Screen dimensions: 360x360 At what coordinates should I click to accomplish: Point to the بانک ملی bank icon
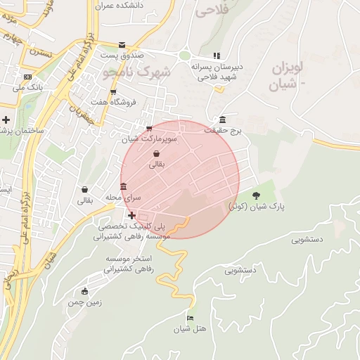click(x=27, y=77)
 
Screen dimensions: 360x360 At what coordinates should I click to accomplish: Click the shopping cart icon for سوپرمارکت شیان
click(x=148, y=128)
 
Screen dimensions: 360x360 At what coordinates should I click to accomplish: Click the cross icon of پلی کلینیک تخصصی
click(x=131, y=214)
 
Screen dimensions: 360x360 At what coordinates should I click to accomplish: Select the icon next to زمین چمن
click(x=85, y=291)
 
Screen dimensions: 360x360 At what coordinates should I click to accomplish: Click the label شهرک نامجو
click(x=136, y=72)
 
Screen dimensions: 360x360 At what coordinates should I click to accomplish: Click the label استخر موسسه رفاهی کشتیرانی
click(x=131, y=264)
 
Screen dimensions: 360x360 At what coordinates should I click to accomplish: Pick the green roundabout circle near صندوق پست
click(x=184, y=56)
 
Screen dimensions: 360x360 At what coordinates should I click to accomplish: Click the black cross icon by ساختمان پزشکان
click(x=6, y=120)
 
